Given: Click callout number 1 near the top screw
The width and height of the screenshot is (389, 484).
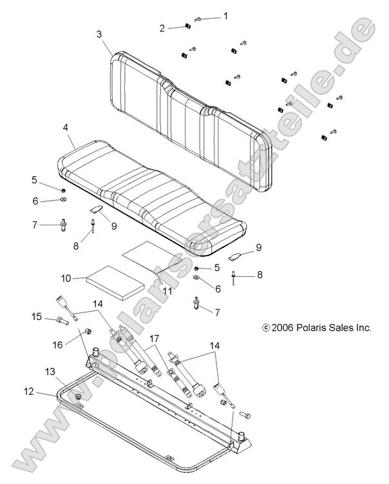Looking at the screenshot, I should point(225,15).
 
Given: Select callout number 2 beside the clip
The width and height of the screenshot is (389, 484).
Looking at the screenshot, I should point(163,28).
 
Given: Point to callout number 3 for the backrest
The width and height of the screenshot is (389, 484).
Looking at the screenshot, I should point(99,34).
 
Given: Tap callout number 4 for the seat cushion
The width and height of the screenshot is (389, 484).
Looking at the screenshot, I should point(66,128).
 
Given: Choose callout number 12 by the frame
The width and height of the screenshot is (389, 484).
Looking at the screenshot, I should point(28,391).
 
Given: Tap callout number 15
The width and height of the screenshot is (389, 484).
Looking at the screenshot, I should point(37,316).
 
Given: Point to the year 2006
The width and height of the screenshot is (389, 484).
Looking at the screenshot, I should point(283,328).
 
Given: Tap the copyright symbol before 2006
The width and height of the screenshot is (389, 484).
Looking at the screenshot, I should point(266,328).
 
